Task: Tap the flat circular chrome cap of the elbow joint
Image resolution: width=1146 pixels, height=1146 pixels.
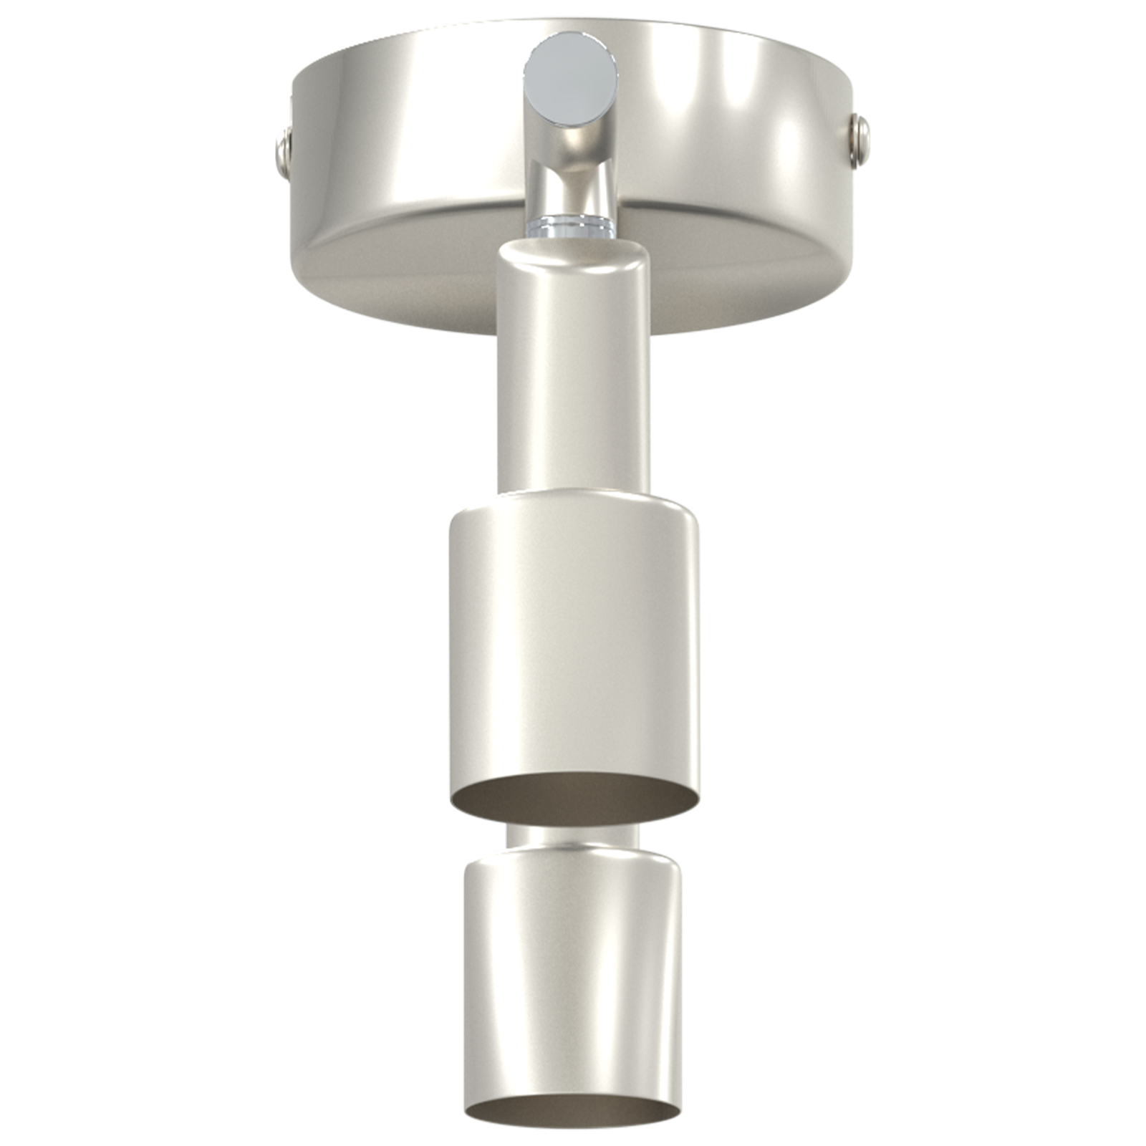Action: [570, 76]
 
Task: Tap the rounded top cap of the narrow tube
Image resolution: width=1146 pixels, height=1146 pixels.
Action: [573, 252]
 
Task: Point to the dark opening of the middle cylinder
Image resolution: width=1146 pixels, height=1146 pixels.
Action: [573, 796]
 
